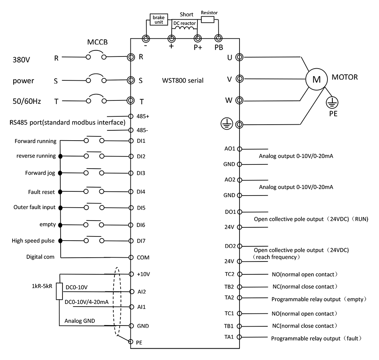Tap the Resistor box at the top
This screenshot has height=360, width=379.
coord(208,19)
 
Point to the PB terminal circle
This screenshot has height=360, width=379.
coord(218,38)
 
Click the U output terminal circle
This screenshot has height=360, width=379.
coord(240,57)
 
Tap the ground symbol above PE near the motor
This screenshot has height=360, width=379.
coord(332,102)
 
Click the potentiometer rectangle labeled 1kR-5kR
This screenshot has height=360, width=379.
coord(59,291)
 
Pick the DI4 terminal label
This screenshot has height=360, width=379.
coord(141,192)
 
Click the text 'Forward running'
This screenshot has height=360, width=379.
coord(35,141)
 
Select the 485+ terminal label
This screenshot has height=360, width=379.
coord(143,116)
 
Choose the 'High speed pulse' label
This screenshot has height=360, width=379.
coord(33,241)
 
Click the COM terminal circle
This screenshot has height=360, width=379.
coord(131,258)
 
